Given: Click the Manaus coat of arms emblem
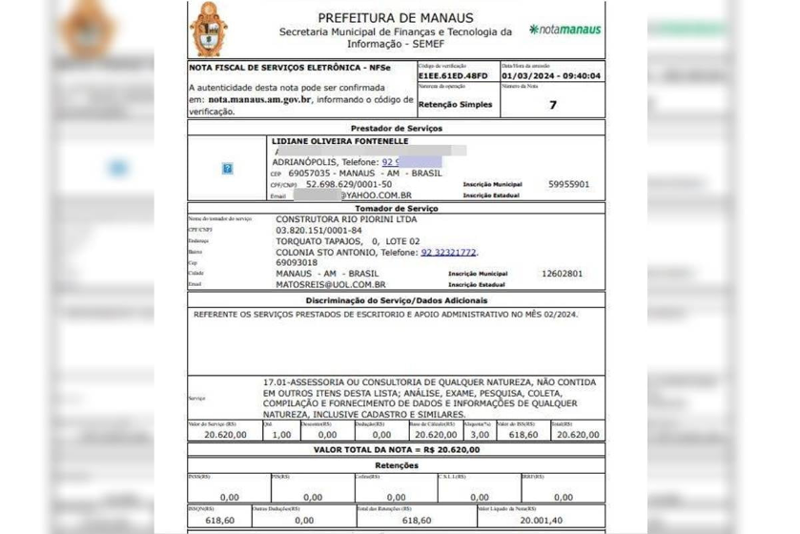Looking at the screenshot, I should click(x=208, y=30).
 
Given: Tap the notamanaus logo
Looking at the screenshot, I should click(x=564, y=30).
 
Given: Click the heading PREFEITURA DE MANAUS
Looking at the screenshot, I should click(x=395, y=18).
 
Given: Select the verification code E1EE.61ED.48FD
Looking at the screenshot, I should click(x=453, y=76).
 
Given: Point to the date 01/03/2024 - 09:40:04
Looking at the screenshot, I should click(x=551, y=76).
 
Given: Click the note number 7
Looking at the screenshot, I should click(x=552, y=104).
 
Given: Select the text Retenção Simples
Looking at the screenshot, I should click(x=456, y=104).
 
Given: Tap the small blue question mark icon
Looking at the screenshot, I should click(x=227, y=168).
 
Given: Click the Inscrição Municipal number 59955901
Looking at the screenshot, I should click(x=568, y=184).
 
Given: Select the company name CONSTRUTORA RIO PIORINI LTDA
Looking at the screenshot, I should click(x=345, y=218).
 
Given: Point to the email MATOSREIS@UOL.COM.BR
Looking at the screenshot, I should click(x=330, y=284).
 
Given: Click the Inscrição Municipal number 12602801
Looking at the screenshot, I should click(x=562, y=273).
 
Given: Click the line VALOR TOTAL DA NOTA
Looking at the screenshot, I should click(x=397, y=449).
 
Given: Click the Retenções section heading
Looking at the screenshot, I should click(x=396, y=465).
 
